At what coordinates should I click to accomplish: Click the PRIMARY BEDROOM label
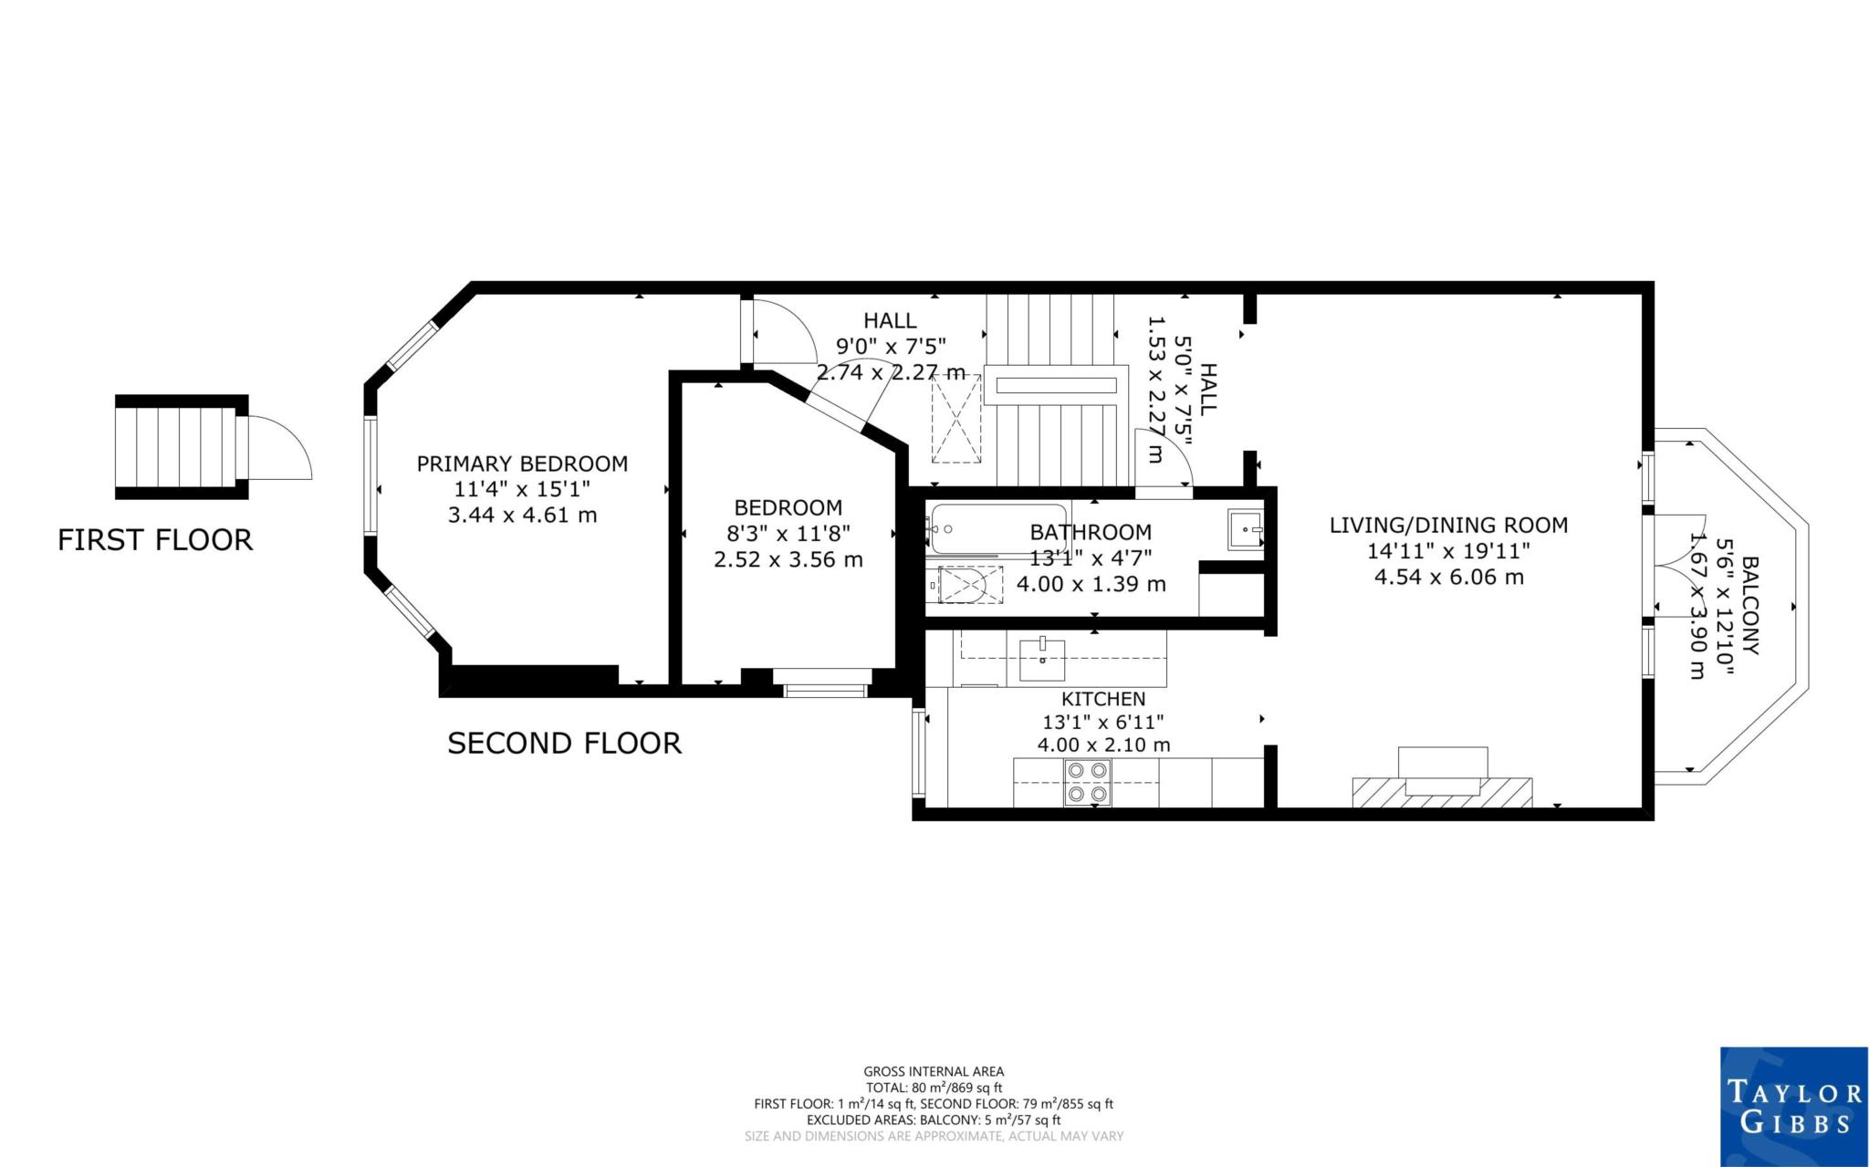(x=522, y=464)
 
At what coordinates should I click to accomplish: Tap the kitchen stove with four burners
(x=1087, y=783)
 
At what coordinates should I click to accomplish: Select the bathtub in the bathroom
(x=997, y=528)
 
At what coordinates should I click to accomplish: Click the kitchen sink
(x=1042, y=659)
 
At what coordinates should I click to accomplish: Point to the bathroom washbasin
(x=1246, y=529)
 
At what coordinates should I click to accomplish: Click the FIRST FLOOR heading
(x=155, y=540)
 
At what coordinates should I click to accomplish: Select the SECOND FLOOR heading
(x=564, y=744)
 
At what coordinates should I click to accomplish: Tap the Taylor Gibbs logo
(x=1793, y=1106)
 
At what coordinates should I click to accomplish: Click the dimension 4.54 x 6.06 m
(x=1448, y=577)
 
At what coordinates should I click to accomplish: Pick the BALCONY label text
(x=1749, y=606)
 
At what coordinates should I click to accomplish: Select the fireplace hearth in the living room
(x=1442, y=790)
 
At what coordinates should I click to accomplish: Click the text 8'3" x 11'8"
(x=788, y=534)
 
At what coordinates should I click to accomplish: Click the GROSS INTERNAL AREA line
(x=934, y=1071)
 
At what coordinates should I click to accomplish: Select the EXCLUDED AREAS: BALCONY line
(x=934, y=1120)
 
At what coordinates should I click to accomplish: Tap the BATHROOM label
(x=1091, y=532)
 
